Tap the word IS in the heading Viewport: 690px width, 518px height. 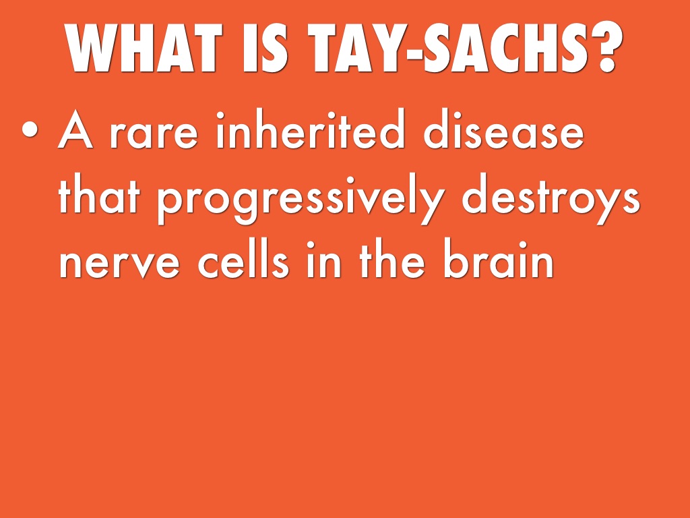point(265,47)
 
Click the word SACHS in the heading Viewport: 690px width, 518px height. point(507,47)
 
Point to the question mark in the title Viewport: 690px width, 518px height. point(607,47)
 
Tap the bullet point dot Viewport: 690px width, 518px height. point(30,129)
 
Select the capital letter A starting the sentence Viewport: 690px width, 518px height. point(75,129)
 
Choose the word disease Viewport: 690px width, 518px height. point(504,128)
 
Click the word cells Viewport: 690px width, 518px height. point(243,258)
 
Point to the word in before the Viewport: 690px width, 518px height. point(323,259)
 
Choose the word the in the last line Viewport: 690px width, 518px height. point(392,258)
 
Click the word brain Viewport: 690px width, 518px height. point(498,258)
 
